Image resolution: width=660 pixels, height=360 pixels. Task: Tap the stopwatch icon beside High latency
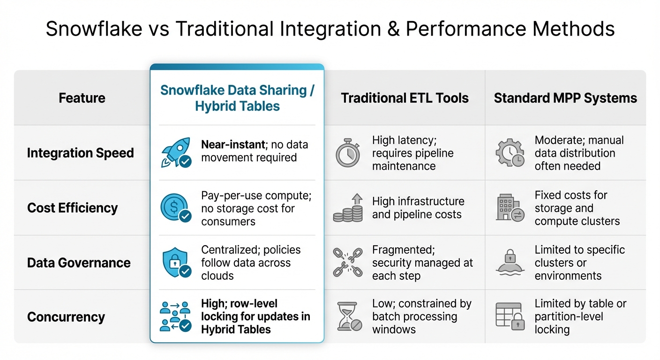click(347, 152)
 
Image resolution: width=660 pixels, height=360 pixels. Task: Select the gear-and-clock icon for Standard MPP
click(510, 153)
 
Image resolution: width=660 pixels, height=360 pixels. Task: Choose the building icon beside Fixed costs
click(510, 208)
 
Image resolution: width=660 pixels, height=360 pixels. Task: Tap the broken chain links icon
click(348, 262)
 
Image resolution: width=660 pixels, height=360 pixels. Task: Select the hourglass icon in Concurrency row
click(348, 316)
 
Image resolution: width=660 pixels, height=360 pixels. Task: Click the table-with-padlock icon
click(510, 316)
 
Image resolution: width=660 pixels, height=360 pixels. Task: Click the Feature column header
click(82, 98)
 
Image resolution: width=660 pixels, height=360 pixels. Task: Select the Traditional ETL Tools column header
click(405, 98)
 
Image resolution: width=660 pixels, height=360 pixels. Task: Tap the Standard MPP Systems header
click(565, 98)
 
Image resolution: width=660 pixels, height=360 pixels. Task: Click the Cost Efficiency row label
click(72, 208)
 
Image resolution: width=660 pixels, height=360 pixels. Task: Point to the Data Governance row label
click(79, 262)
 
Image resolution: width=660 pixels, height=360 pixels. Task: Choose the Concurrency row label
click(66, 317)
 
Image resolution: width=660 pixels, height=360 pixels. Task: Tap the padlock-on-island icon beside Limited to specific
click(510, 262)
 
